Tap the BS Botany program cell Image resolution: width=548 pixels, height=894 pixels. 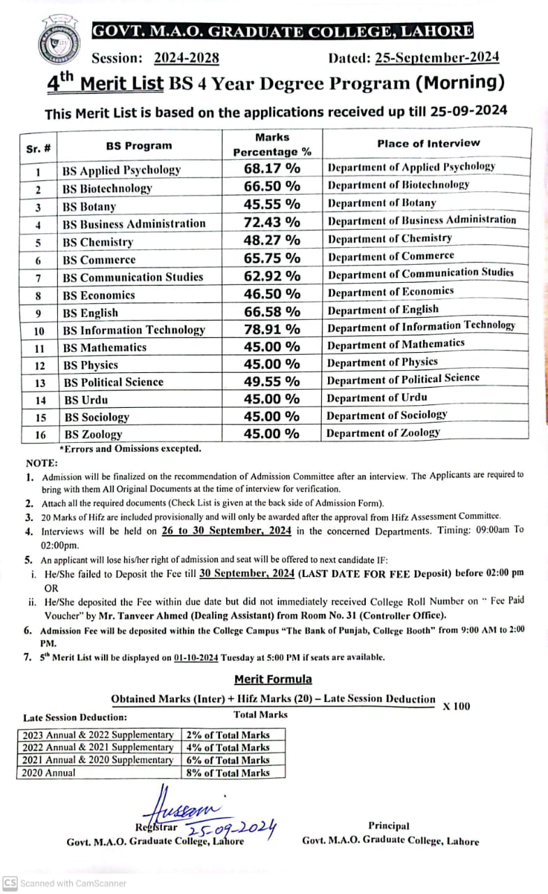(89, 207)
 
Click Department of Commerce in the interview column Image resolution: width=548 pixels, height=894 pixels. (391, 256)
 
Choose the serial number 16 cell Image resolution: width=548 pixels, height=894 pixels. (40, 435)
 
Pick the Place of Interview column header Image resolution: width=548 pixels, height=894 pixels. (429, 143)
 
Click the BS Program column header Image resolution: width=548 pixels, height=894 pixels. (139, 146)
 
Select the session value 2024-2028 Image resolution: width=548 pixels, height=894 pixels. (186, 58)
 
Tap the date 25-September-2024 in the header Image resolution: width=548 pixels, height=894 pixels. (437, 58)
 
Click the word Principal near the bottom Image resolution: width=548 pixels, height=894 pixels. (389, 826)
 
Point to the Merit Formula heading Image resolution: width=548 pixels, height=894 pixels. (273, 679)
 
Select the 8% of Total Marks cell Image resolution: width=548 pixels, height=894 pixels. (228, 773)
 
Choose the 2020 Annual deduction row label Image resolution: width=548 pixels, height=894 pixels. (49, 773)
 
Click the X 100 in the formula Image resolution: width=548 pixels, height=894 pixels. (457, 706)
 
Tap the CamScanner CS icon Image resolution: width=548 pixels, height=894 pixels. (10, 883)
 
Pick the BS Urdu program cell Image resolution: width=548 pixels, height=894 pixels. (87, 400)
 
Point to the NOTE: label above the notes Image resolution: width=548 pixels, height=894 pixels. (43, 462)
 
